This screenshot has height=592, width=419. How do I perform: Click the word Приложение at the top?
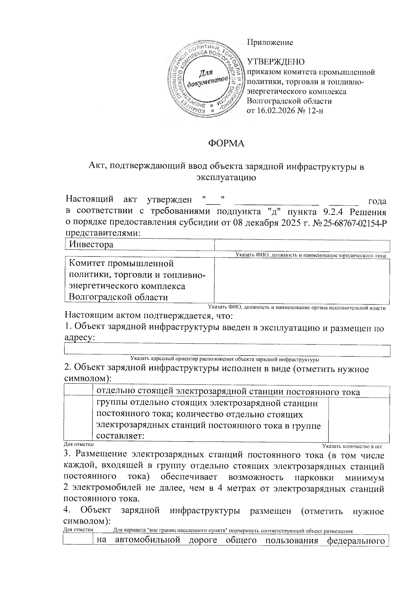point(270,43)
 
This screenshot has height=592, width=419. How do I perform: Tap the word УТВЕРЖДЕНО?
point(276,62)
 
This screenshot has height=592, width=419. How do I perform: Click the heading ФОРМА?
point(226,143)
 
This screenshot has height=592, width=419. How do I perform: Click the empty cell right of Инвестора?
point(302,245)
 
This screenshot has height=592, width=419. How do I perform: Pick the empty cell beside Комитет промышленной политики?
point(302,280)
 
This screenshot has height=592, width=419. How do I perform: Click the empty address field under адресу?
point(227,351)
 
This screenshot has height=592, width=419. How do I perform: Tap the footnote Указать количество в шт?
point(353,446)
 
